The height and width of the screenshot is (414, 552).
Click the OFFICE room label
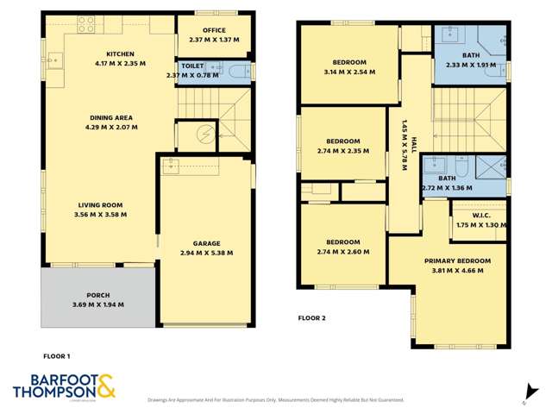(x=213, y=30)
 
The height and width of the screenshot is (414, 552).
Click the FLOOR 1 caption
(x=56, y=355)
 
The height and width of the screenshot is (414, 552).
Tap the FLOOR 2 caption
(x=311, y=317)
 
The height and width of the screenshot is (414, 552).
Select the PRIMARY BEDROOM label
(x=457, y=260)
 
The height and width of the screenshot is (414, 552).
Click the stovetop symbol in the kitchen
(x=88, y=24)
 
